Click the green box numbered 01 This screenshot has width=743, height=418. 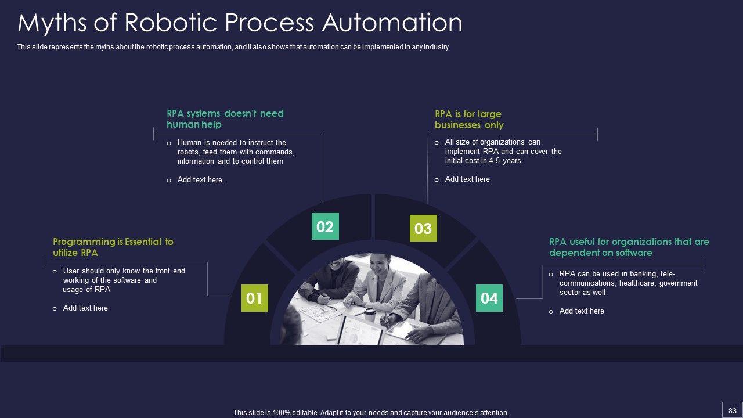point(254,298)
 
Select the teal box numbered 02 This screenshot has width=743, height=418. point(325,226)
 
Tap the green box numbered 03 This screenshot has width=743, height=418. point(423,228)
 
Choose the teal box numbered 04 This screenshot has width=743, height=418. point(489,298)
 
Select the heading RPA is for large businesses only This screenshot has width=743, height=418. point(469,120)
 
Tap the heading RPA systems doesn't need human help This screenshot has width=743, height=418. point(225,119)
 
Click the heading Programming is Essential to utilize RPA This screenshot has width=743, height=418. point(113,247)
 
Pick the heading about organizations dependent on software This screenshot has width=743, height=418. point(629,247)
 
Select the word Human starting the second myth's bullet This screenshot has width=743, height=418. point(189,142)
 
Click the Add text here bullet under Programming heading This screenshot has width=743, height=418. point(85,308)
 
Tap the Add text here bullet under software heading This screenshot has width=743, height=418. point(582,311)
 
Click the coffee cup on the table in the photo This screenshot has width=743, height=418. point(369,312)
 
